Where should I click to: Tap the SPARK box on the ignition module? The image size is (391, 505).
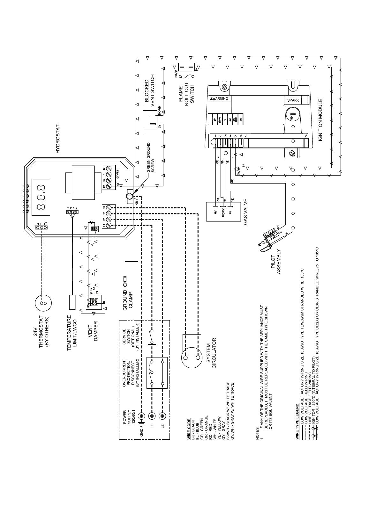293,100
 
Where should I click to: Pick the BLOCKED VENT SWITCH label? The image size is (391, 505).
150,90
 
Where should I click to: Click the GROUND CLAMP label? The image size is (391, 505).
128,299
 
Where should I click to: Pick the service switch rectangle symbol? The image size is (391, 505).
151,337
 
